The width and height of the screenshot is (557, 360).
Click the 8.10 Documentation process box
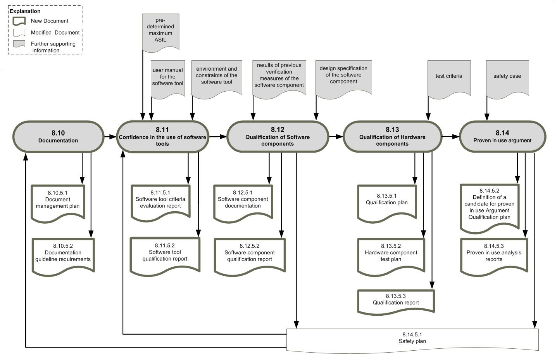coord(58,137)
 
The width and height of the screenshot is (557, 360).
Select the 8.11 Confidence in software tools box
coord(162,137)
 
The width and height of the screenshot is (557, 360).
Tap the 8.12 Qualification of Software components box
coord(278,137)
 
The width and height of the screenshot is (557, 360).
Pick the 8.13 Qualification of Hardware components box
coord(392,137)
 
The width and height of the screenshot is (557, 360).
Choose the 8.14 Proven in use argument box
coord(502,137)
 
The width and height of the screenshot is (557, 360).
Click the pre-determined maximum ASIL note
coord(160,31)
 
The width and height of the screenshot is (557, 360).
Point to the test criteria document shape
coord(449,77)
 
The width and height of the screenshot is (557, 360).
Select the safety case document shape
coord(507,77)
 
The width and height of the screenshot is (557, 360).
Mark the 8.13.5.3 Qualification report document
coord(396,300)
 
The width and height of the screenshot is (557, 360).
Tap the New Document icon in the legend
coord(19,21)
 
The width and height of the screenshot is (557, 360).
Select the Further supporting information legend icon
coord(19,44)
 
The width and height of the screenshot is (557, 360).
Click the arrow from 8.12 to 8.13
coord(336,137)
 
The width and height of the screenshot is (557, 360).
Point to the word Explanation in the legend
coord(25,11)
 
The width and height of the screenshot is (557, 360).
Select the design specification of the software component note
coord(343,76)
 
